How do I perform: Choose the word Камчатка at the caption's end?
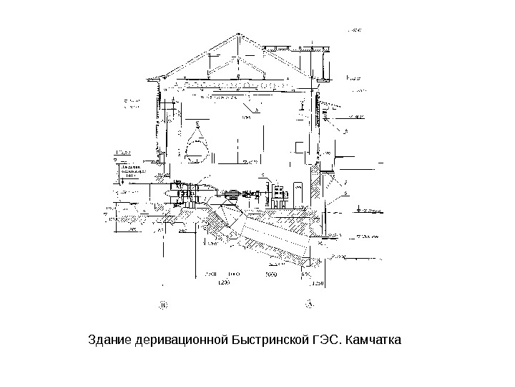[x=373, y=338]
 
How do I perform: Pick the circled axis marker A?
[x=310, y=304]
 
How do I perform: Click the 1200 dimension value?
[x=223, y=282]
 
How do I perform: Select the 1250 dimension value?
[x=318, y=282]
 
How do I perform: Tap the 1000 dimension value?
[x=233, y=274]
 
